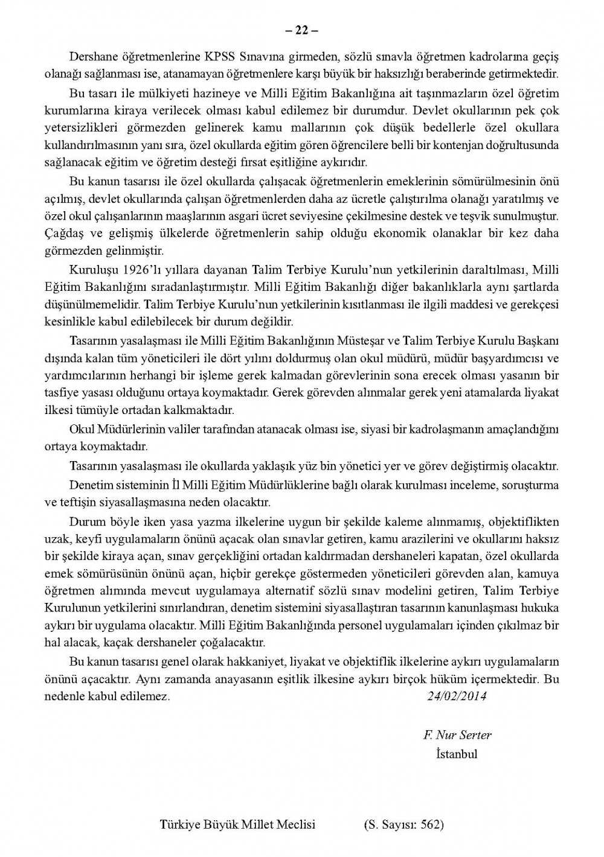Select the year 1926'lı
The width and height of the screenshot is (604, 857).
(x=126, y=268)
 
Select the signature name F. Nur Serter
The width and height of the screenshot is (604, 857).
(x=457, y=735)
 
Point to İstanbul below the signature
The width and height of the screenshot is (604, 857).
(x=456, y=753)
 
